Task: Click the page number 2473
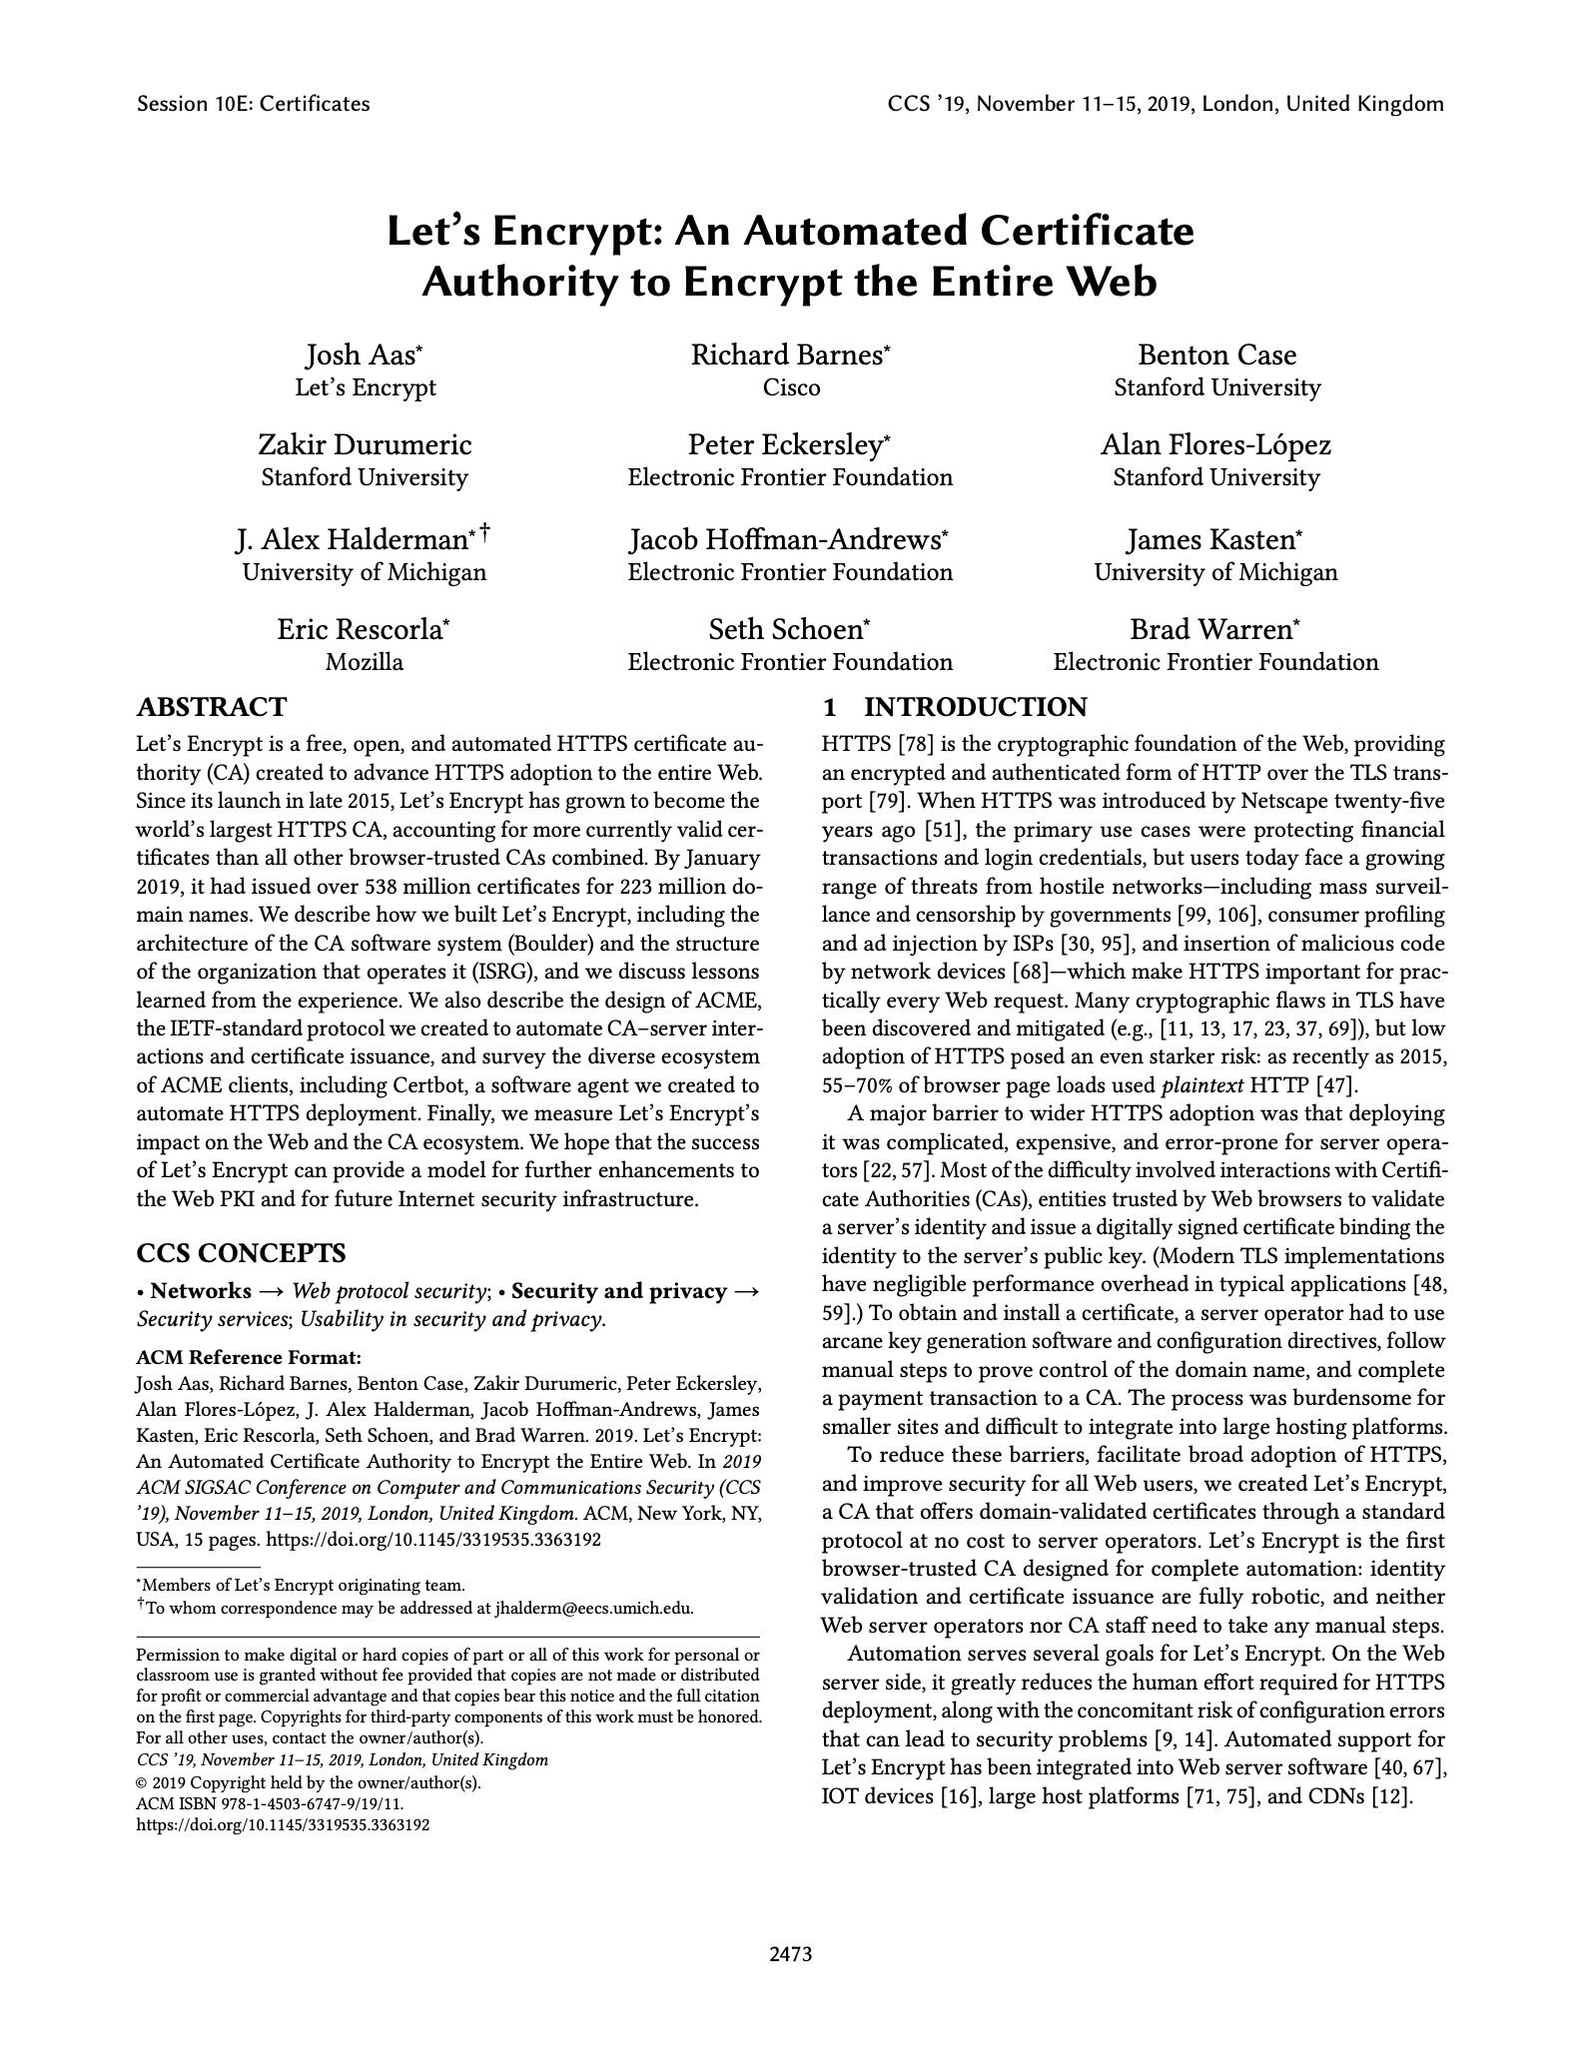click(x=790, y=1954)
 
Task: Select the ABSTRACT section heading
click(x=211, y=707)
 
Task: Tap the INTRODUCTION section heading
click(x=974, y=707)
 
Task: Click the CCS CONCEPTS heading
click(x=241, y=1252)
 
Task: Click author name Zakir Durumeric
click(x=365, y=444)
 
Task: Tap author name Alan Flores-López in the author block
click(x=1215, y=444)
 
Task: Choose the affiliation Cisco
click(x=791, y=387)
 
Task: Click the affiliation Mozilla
click(x=365, y=662)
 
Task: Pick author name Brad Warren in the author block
click(x=1211, y=630)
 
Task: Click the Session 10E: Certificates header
click(x=253, y=104)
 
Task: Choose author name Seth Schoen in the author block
click(x=785, y=630)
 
